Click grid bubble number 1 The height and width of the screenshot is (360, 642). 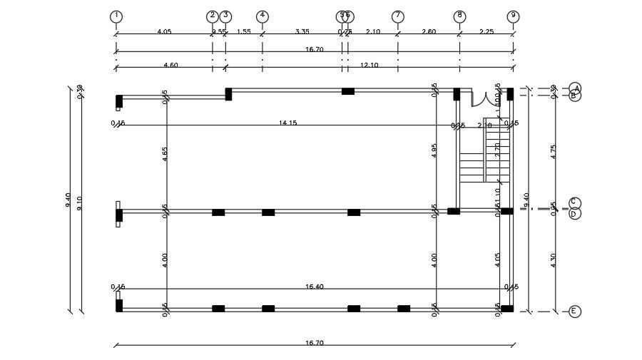pos(116,16)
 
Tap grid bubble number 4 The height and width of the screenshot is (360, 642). pos(263,16)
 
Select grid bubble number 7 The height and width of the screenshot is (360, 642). pos(397,16)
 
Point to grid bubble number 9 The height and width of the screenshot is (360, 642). pos(513,16)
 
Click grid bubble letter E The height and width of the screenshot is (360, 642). pos(575,312)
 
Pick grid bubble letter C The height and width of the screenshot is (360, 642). pos(575,203)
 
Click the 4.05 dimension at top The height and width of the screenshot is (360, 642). pos(163,31)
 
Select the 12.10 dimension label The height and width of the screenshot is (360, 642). pos(369,65)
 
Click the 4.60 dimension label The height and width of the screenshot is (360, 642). pos(170,65)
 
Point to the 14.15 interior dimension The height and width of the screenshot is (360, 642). pos(287,123)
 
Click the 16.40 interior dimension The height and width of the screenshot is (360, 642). pos(314,287)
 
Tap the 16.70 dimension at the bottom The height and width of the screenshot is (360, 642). pos(314,343)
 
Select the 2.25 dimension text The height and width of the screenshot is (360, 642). pos(486,31)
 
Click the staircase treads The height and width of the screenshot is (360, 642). pos(472,168)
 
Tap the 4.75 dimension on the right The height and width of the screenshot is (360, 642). pos(553,152)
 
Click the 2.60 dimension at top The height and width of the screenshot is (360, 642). pos(429,31)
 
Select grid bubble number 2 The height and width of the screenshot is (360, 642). pos(212,16)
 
